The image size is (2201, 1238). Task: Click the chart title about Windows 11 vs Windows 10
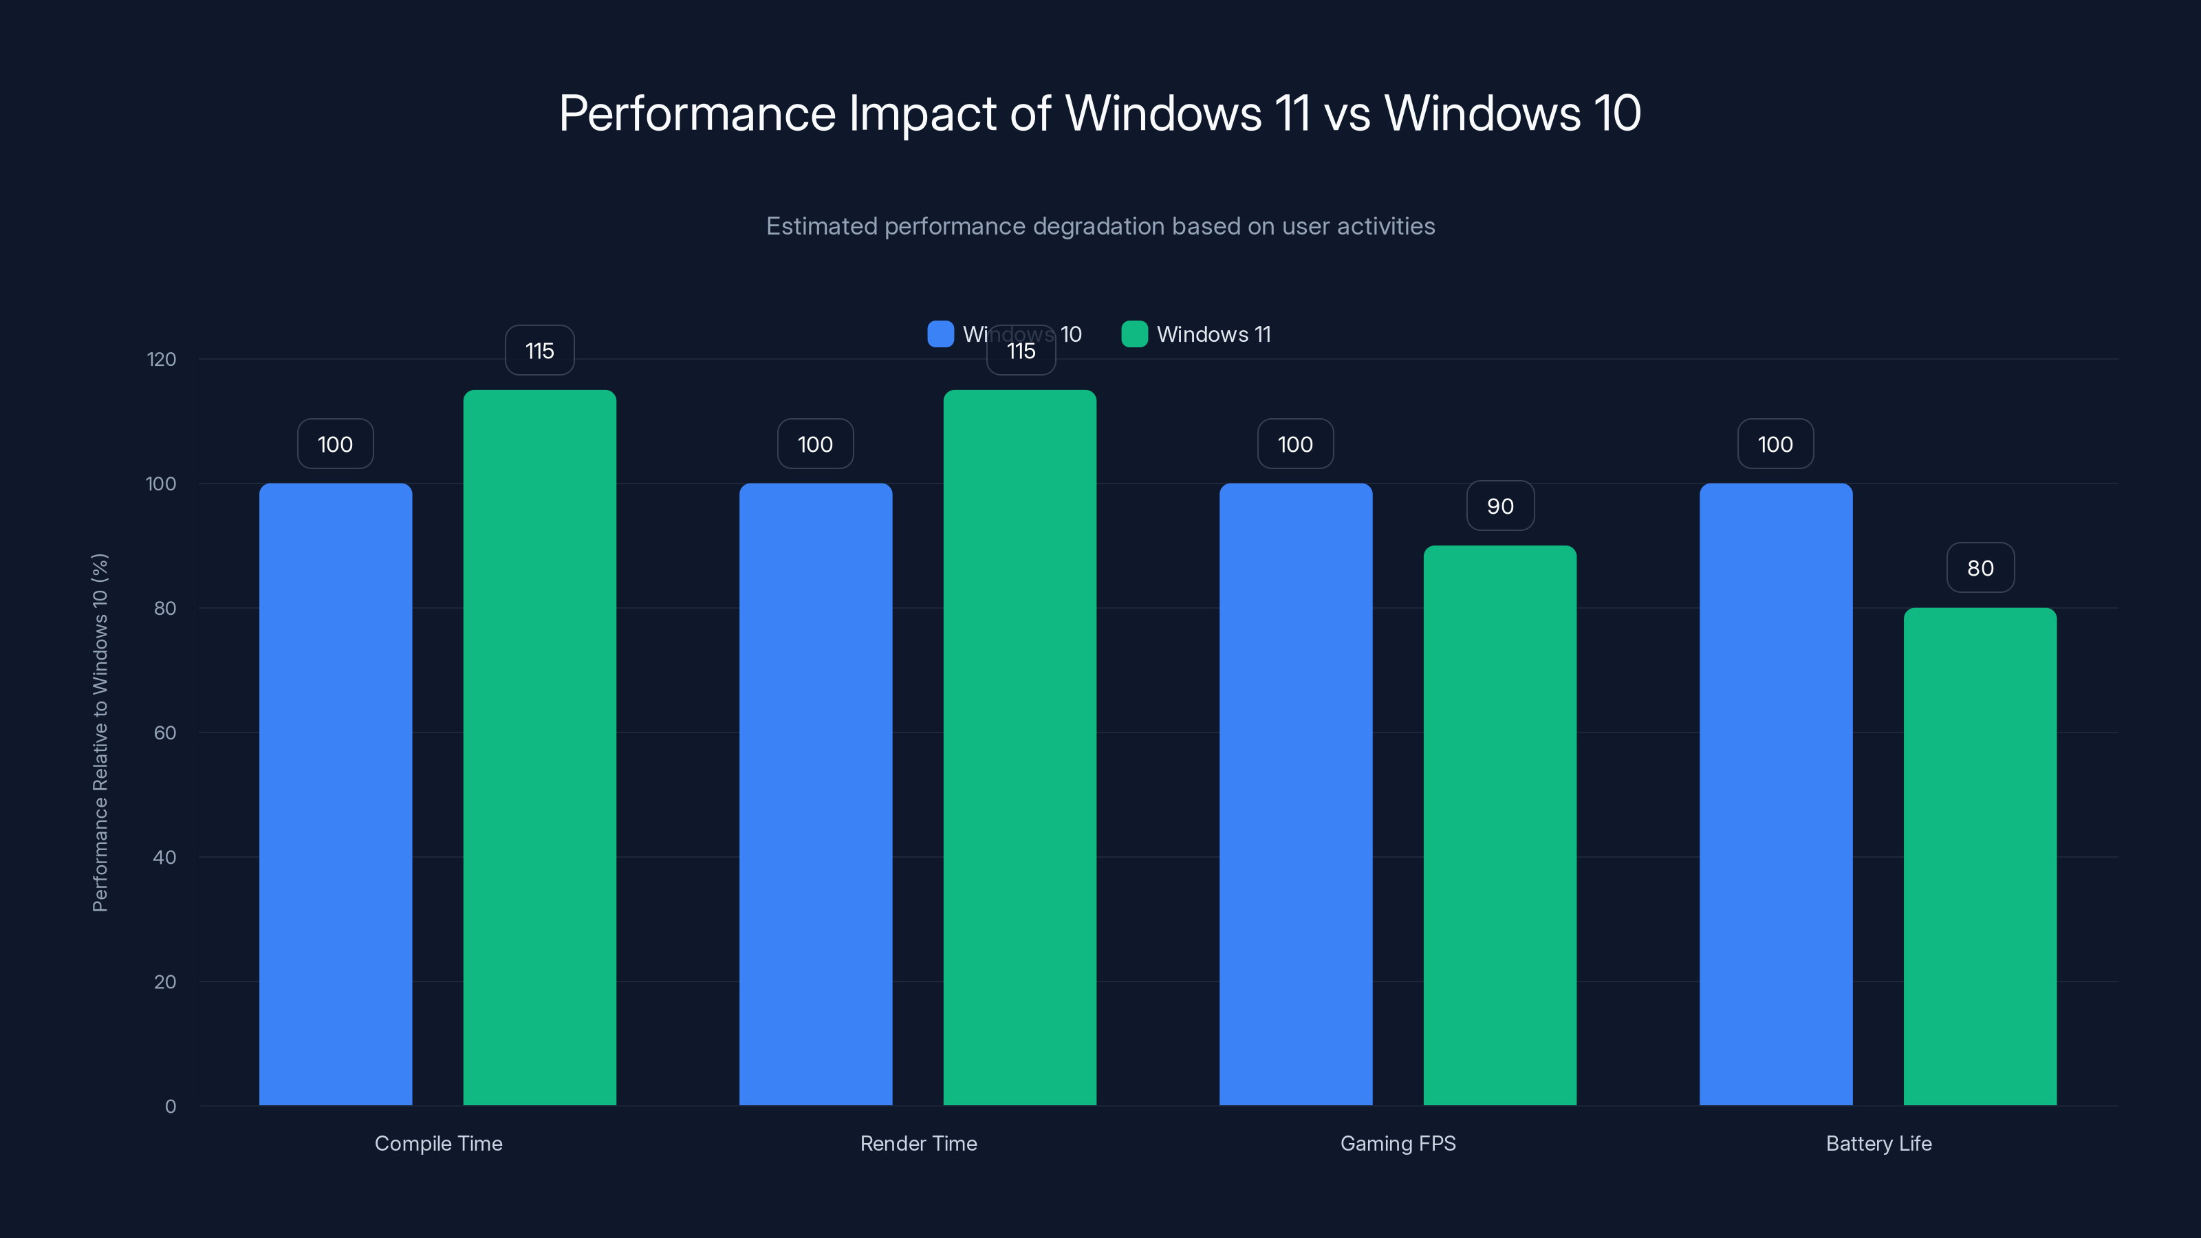pos(1100,113)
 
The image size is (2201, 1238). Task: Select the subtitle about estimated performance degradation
pos(1100,226)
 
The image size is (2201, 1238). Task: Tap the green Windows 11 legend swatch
pos(1134,334)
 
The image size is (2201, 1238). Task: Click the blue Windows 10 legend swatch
pos(940,334)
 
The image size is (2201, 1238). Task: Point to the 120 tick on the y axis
pos(162,360)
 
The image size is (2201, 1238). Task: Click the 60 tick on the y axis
pos(165,733)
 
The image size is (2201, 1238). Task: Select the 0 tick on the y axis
pos(170,1107)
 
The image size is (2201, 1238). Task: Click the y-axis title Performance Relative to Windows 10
pos(100,732)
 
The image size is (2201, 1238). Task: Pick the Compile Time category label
pos(438,1143)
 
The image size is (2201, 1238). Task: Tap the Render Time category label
pos(918,1143)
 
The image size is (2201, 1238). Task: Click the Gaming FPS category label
pos(1398,1143)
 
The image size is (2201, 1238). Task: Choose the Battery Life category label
pos(1878,1143)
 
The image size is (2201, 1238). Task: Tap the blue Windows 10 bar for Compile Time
pos(335,794)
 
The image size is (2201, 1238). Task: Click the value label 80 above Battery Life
pos(1980,568)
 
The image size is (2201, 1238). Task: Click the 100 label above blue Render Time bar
pos(815,444)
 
